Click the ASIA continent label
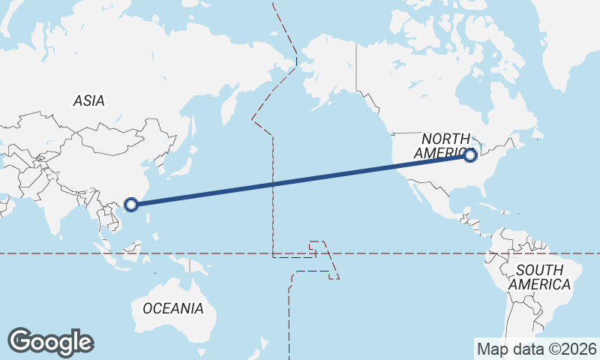pyautogui.click(x=88, y=100)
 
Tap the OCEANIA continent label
pyautogui.click(x=172, y=307)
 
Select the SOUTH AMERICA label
pyautogui.click(x=539, y=277)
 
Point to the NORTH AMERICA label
pyautogui.click(x=447, y=145)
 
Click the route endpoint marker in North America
pyautogui.click(x=470, y=155)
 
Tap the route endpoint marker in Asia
pyautogui.click(x=131, y=203)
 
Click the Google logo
pyautogui.click(x=50, y=342)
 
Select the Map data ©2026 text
pyautogui.click(x=536, y=348)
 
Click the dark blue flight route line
pyautogui.click(x=300, y=179)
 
